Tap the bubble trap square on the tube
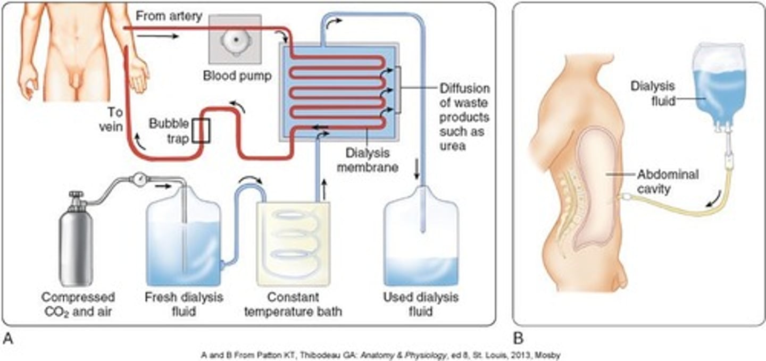tap(201, 131)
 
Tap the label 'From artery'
tap(169, 16)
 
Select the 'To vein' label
tap(114, 120)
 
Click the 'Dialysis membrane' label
tap(368, 159)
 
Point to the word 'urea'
tap(454, 145)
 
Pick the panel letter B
tap(518, 338)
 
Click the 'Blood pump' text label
tap(237, 76)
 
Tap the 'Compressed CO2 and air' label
tap(78, 304)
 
